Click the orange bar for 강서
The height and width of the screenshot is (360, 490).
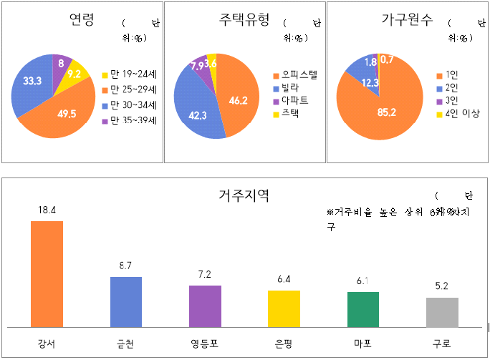point(47,273)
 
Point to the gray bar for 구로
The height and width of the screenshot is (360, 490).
point(442,311)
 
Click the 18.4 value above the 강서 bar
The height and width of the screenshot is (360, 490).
point(47,209)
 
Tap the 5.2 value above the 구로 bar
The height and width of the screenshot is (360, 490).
point(442,286)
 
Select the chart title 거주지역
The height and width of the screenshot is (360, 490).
point(244,195)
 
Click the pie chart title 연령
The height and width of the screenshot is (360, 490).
point(81,20)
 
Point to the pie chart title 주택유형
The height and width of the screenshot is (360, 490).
point(244,20)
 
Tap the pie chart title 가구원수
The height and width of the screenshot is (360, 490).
point(407,20)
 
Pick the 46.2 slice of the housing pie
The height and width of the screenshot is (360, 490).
point(236,100)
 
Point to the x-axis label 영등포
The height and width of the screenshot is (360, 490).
point(205,343)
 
